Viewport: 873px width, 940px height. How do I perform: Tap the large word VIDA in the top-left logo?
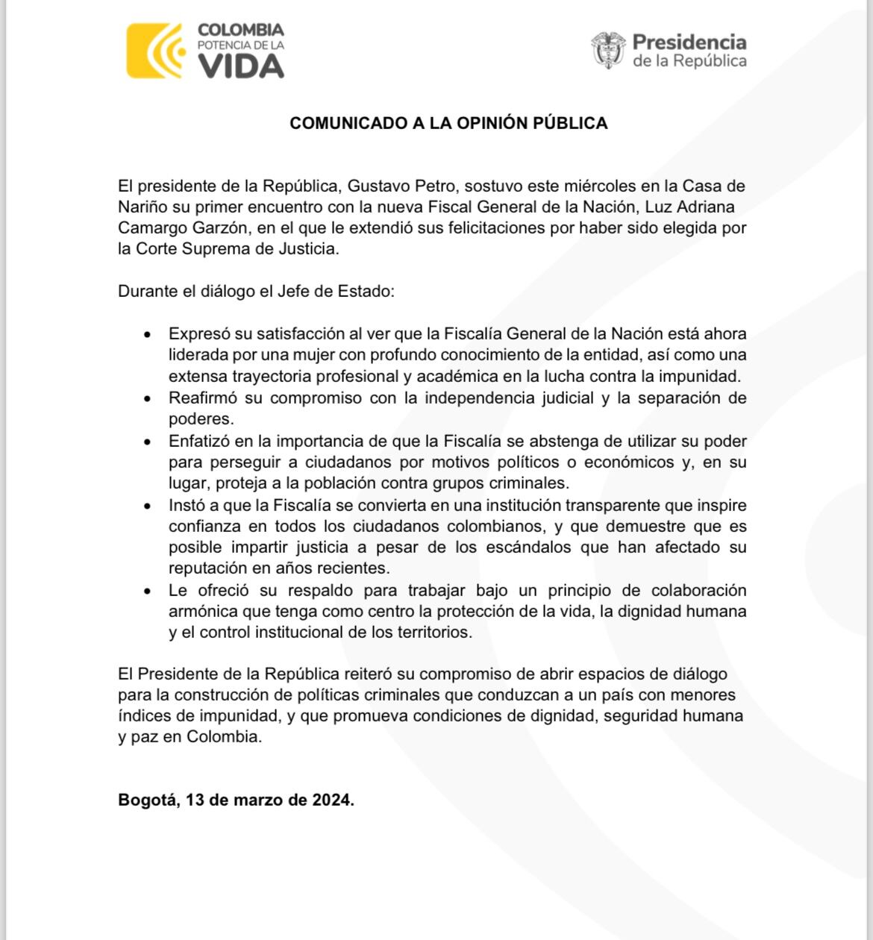pos(240,67)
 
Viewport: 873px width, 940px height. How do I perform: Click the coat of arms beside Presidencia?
pos(608,50)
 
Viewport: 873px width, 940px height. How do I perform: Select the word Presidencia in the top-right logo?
pos(689,42)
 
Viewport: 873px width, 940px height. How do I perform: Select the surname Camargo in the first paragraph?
pos(149,228)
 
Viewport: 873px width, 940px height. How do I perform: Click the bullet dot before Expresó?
pos(148,334)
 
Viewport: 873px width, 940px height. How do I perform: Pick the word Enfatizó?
pos(198,441)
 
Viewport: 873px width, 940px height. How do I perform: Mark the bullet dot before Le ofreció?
pos(148,591)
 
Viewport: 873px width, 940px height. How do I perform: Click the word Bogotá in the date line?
pos(148,800)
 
